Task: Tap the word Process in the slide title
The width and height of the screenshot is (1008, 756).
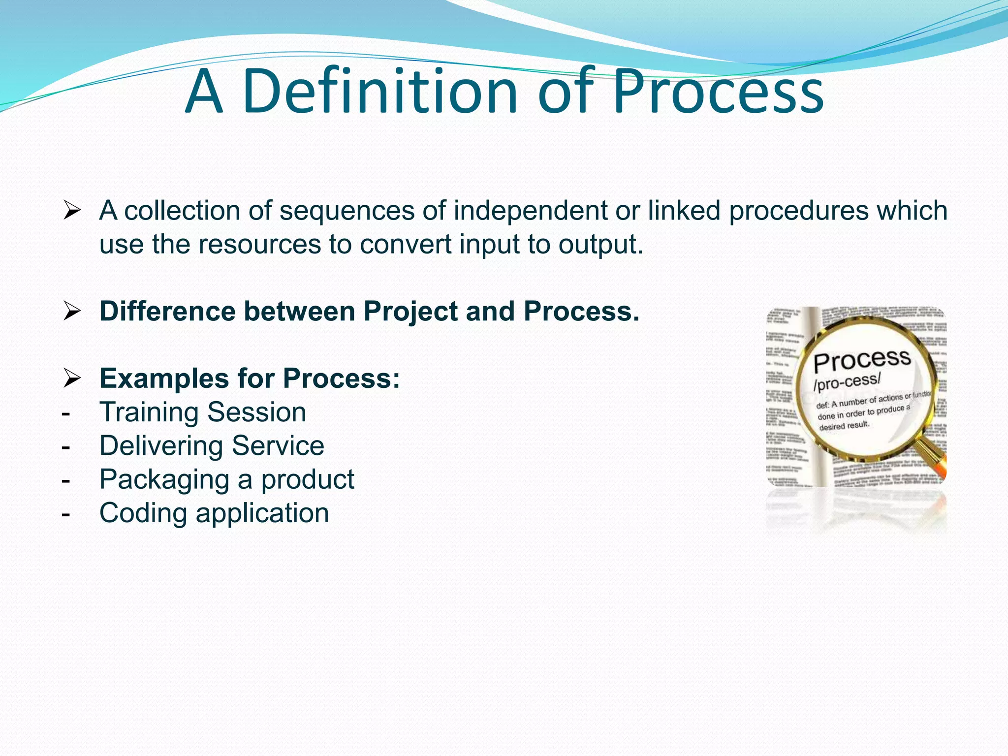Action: point(718,92)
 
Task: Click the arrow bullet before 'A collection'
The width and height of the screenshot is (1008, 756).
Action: point(72,211)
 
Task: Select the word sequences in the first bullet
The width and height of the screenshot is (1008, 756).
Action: point(347,211)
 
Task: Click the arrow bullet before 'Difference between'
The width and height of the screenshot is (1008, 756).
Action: point(72,312)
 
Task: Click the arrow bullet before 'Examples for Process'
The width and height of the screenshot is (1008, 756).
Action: point(72,379)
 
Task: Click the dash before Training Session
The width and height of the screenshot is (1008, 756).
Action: point(66,413)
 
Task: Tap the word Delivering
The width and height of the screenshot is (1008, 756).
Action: point(161,446)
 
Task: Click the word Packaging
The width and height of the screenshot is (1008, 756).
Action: point(164,480)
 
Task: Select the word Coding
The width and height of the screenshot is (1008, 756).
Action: point(143,513)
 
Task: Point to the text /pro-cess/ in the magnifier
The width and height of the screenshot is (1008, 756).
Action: point(846,381)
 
